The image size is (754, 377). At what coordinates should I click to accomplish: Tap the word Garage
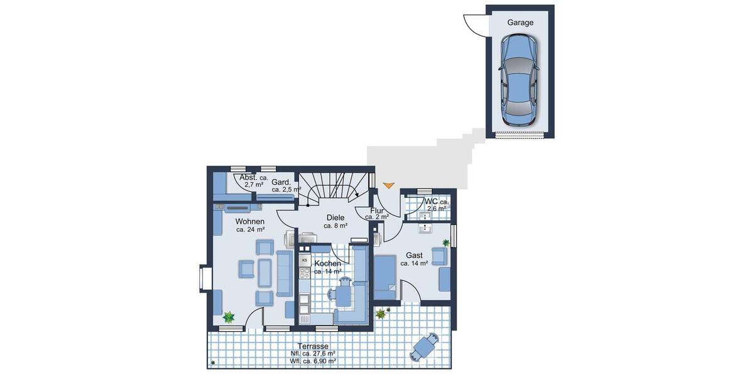click(x=520, y=23)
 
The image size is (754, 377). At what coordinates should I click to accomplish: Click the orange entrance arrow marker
click(x=389, y=185)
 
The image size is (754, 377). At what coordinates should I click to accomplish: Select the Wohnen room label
click(x=250, y=222)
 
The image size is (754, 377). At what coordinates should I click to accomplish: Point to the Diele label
click(x=336, y=217)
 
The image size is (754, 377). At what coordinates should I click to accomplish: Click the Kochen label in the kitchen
click(x=328, y=263)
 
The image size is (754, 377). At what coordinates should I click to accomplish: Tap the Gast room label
click(x=414, y=256)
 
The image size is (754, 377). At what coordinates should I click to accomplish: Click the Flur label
click(x=377, y=210)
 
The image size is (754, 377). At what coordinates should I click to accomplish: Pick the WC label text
click(x=431, y=201)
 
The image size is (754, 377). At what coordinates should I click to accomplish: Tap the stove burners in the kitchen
click(x=305, y=273)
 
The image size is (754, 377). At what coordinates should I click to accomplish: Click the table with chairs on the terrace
click(x=426, y=346)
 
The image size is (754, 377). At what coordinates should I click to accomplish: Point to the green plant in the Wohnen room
click(x=229, y=318)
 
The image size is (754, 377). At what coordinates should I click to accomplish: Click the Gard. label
click(x=280, y=182)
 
